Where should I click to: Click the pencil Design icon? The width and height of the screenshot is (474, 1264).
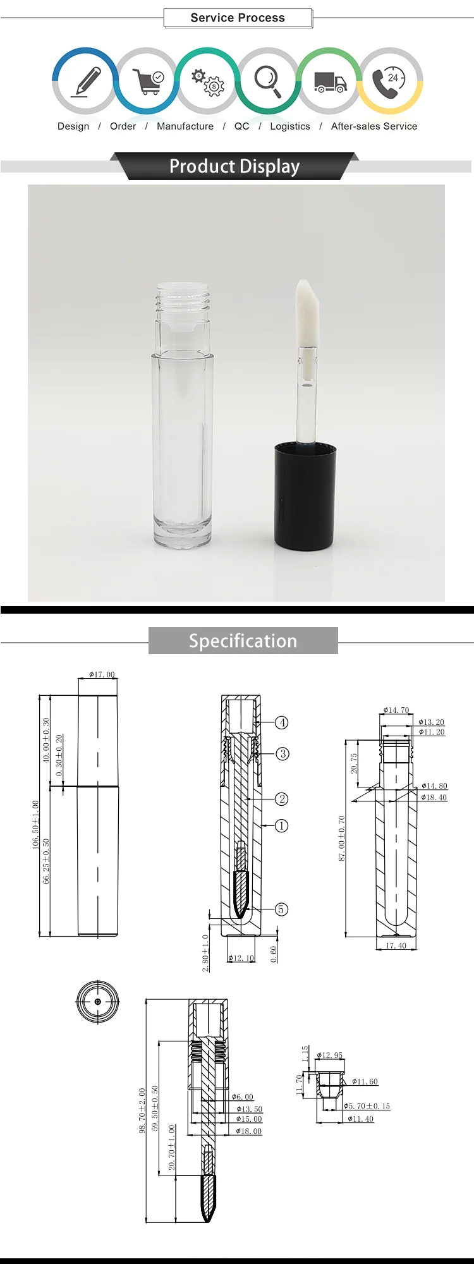click(86, 82)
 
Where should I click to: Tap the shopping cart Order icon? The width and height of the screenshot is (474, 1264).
click(148, 81)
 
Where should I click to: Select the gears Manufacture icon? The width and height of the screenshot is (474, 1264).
click(208, 82)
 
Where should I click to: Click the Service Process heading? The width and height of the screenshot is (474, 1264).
click(238, 18)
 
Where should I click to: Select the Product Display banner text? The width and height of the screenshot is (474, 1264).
click(234, 166)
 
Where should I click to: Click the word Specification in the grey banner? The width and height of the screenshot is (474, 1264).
click(243, 641)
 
